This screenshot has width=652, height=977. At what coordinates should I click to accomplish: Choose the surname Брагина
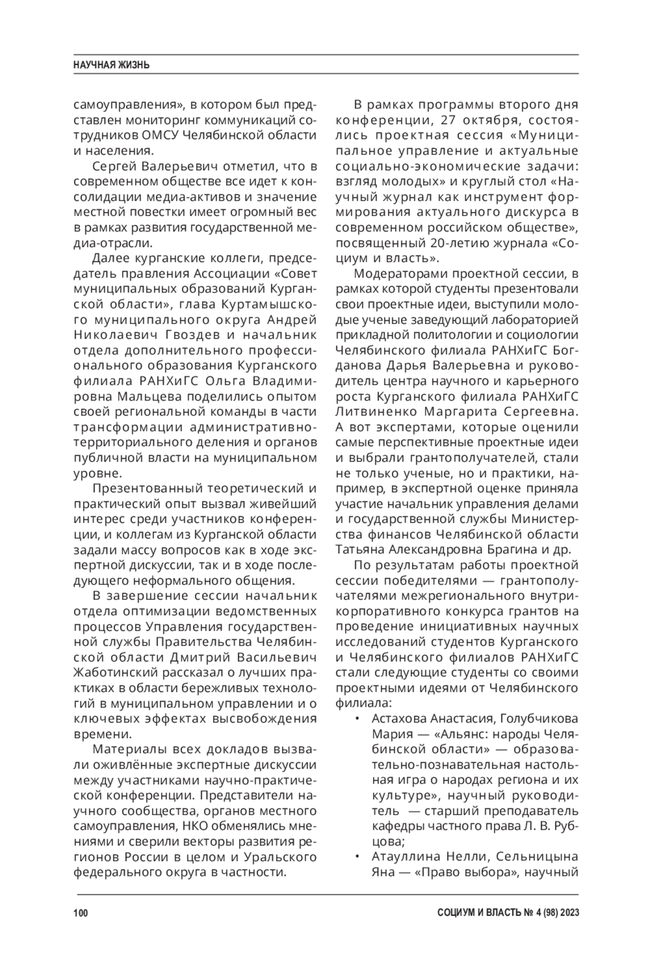pos(519,550)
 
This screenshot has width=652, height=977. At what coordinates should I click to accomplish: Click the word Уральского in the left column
pos(278,857)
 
